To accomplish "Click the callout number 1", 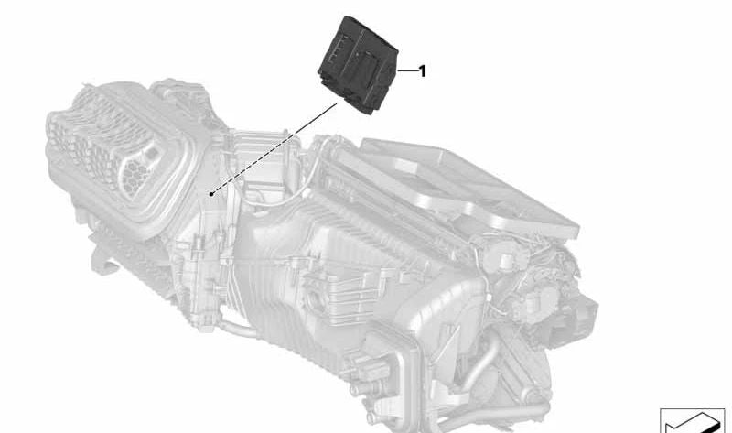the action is click(x=423, y=71).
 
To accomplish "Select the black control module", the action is click(x=358, y=64).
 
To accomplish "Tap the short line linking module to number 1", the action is click(x=406, y=71).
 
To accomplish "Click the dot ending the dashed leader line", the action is click(x=211, y=194).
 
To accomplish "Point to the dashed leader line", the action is click(x=274, y=148).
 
